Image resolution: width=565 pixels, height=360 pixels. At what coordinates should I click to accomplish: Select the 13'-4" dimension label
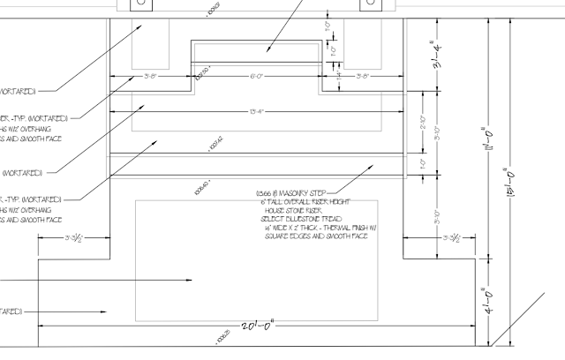tap(257, 111)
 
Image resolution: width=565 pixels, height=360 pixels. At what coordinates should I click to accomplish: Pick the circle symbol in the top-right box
tap(367, 4)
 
